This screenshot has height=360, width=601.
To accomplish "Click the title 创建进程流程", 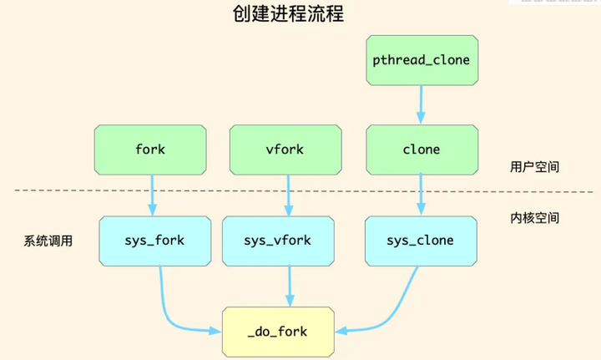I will [288, 15].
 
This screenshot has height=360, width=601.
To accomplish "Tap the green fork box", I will [150, 150].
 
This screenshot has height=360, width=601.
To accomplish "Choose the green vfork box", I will [286, 150].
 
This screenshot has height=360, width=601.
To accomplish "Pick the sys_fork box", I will [154, 241].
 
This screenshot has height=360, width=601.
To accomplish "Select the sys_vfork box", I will [277, 241].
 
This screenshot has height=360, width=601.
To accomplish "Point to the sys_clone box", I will [420, 241].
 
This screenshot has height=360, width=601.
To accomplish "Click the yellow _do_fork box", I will [277, 331].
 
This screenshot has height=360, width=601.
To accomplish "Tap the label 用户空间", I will [534, 167].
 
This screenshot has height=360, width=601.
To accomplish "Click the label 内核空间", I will [534, 218].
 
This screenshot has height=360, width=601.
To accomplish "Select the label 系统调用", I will [48, 241].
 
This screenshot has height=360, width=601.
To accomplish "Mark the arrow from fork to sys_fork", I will [152, 195].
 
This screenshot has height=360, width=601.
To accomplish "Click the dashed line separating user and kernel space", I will [67, 190].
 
